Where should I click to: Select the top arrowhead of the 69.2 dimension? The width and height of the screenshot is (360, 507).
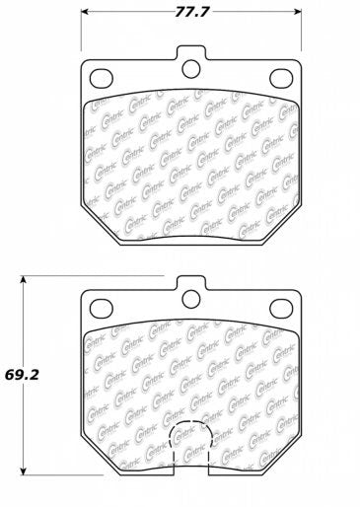(x=25, y=280)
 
